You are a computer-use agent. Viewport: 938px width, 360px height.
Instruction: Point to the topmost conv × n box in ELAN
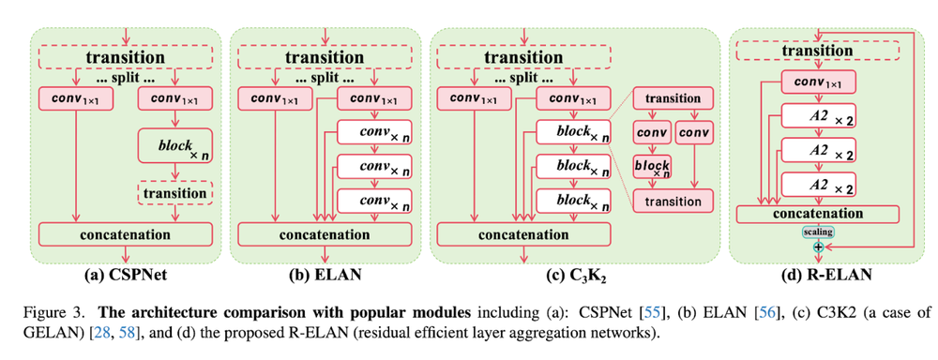[373, 132]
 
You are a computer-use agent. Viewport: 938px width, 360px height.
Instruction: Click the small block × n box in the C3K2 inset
[652, 165]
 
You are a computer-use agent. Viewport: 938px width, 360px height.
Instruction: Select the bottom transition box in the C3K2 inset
[673, 200]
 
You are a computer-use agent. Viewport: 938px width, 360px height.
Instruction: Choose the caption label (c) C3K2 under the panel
[572, 275]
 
